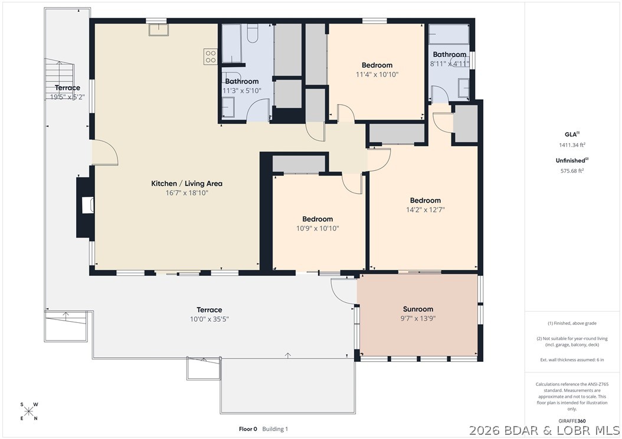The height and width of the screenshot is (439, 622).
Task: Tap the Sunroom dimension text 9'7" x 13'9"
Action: pyautogui.click(x=418, y=318)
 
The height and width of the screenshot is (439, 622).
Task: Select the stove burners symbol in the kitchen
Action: pyautogui.click(x=210, y=56)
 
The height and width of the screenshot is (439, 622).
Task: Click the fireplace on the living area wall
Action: pyautogui.click(x=86, y=206)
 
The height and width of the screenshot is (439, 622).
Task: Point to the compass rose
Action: pyautogui.click(x=30, y=411)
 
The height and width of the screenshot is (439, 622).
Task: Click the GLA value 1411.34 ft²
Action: pyautogui.click(x=572, y=144)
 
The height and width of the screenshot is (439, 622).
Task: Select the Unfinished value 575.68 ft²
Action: pyautogui.click(x=572, y=171)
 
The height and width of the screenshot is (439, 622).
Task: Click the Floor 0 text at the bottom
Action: pyautogui.click(x=247, y=429)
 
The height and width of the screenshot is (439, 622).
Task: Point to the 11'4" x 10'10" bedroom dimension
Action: pyautogui.click(x=377, y=74)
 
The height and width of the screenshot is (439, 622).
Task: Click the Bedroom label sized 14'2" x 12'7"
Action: pyautogui.click(x=425, y=200)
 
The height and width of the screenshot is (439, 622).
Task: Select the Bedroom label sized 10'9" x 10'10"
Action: pyautogui.click(x=317, y=219)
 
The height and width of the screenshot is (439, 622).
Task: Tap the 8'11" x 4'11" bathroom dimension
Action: pyautogui.click(x=449, y=64)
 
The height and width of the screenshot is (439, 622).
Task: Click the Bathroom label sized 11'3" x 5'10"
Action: pyautogui.click(x=241, y=81)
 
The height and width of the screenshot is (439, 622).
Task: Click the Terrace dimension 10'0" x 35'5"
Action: pyautogui.click(x=209, y=319)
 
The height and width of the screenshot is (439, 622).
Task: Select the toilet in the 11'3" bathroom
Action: pyautogui.click(x=251, y=34)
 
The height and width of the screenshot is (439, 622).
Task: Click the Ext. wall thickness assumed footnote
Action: pyautogui.click(x=572, y=359)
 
